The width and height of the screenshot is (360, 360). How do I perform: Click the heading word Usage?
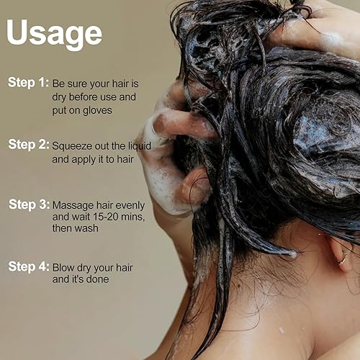(x=54, y=33)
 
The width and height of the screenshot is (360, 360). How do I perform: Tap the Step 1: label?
(x=28, y=82)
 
